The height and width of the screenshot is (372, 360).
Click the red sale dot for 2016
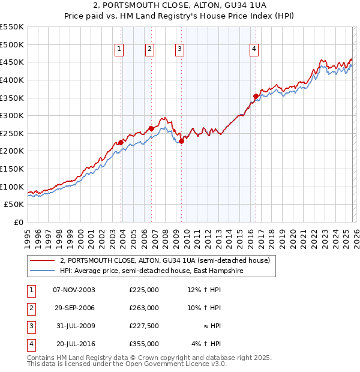(x=256, y=96)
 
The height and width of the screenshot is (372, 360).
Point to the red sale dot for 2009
(x=181, y=141)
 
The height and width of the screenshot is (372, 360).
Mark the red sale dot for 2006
(x=151, y=128)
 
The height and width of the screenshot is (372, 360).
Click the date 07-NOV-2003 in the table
(x=74, y=290)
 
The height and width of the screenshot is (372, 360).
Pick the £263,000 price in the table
(x=144, y=308)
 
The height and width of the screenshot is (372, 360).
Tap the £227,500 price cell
(x=144, y=326)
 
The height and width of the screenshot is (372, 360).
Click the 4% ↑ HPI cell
(x=206, y=344)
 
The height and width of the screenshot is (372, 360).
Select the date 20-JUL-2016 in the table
(x=73, y=344)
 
